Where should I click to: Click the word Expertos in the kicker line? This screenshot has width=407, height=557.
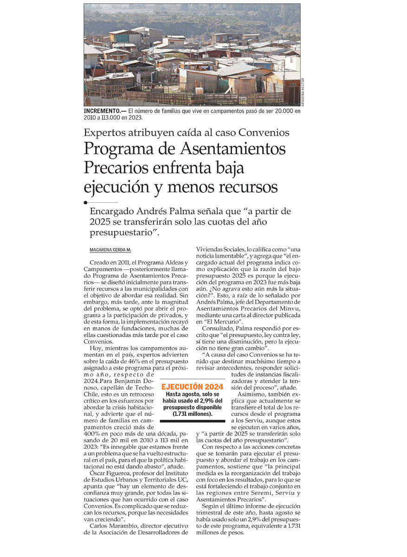tap(104, 132)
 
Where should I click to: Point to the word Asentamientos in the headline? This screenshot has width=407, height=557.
tap(233, 149)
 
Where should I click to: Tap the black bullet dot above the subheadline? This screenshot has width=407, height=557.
tap(85, 203)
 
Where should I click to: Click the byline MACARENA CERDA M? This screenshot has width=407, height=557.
tap(110, 250)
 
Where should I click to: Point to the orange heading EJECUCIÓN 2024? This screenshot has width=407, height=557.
tap(192, 387)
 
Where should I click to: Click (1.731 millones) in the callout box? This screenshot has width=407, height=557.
tap(192, 414)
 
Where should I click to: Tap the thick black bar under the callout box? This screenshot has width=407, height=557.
tap(192, 421)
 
